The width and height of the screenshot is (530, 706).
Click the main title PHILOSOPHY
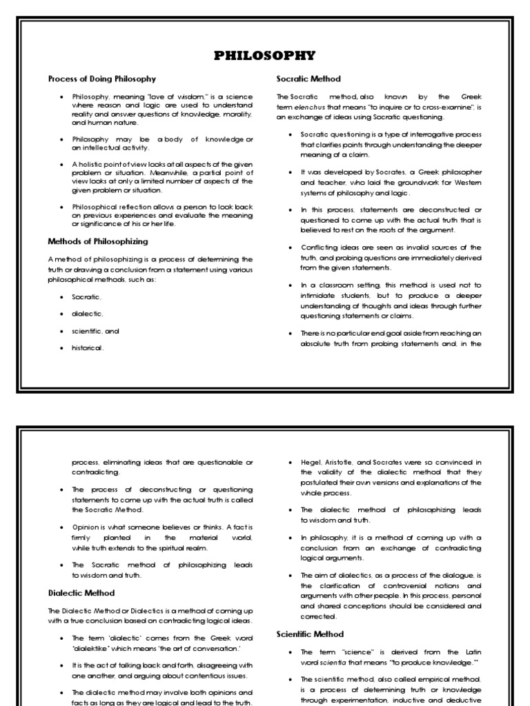click(x=265, y=56)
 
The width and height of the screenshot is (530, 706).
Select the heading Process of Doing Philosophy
click(x=101, y=79)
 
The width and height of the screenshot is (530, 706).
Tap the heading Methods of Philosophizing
click(x=97, y=241)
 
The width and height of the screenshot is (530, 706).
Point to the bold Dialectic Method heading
click(x=81, y=592)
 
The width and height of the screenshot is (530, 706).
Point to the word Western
click(x=467, y=183)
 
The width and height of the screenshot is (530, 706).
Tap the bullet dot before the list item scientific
click(x=63, y=331)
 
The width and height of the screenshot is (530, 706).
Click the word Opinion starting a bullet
click(x=84, y=527)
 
